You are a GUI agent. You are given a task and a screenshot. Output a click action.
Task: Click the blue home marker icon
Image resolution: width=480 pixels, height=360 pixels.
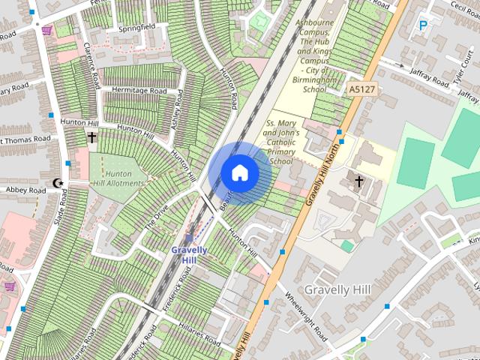click(x=239, y=172)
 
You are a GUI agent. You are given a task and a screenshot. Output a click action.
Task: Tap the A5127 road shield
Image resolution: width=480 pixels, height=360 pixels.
click(x=360, y=89)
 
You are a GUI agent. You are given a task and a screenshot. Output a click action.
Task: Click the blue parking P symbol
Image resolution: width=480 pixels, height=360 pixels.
click(x=423, y=25)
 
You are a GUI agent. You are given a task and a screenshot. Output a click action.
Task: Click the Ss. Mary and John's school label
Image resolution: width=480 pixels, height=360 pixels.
click(x=281, y=142)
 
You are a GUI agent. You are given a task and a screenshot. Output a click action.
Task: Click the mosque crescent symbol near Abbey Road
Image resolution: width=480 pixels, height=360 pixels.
click(x=58, y=183)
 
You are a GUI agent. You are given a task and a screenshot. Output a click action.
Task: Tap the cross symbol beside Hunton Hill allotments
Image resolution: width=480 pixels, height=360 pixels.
click(x=91, y=138)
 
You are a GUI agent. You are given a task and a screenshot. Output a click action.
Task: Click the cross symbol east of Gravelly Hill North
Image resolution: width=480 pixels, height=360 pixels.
click(x=358, y=181)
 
